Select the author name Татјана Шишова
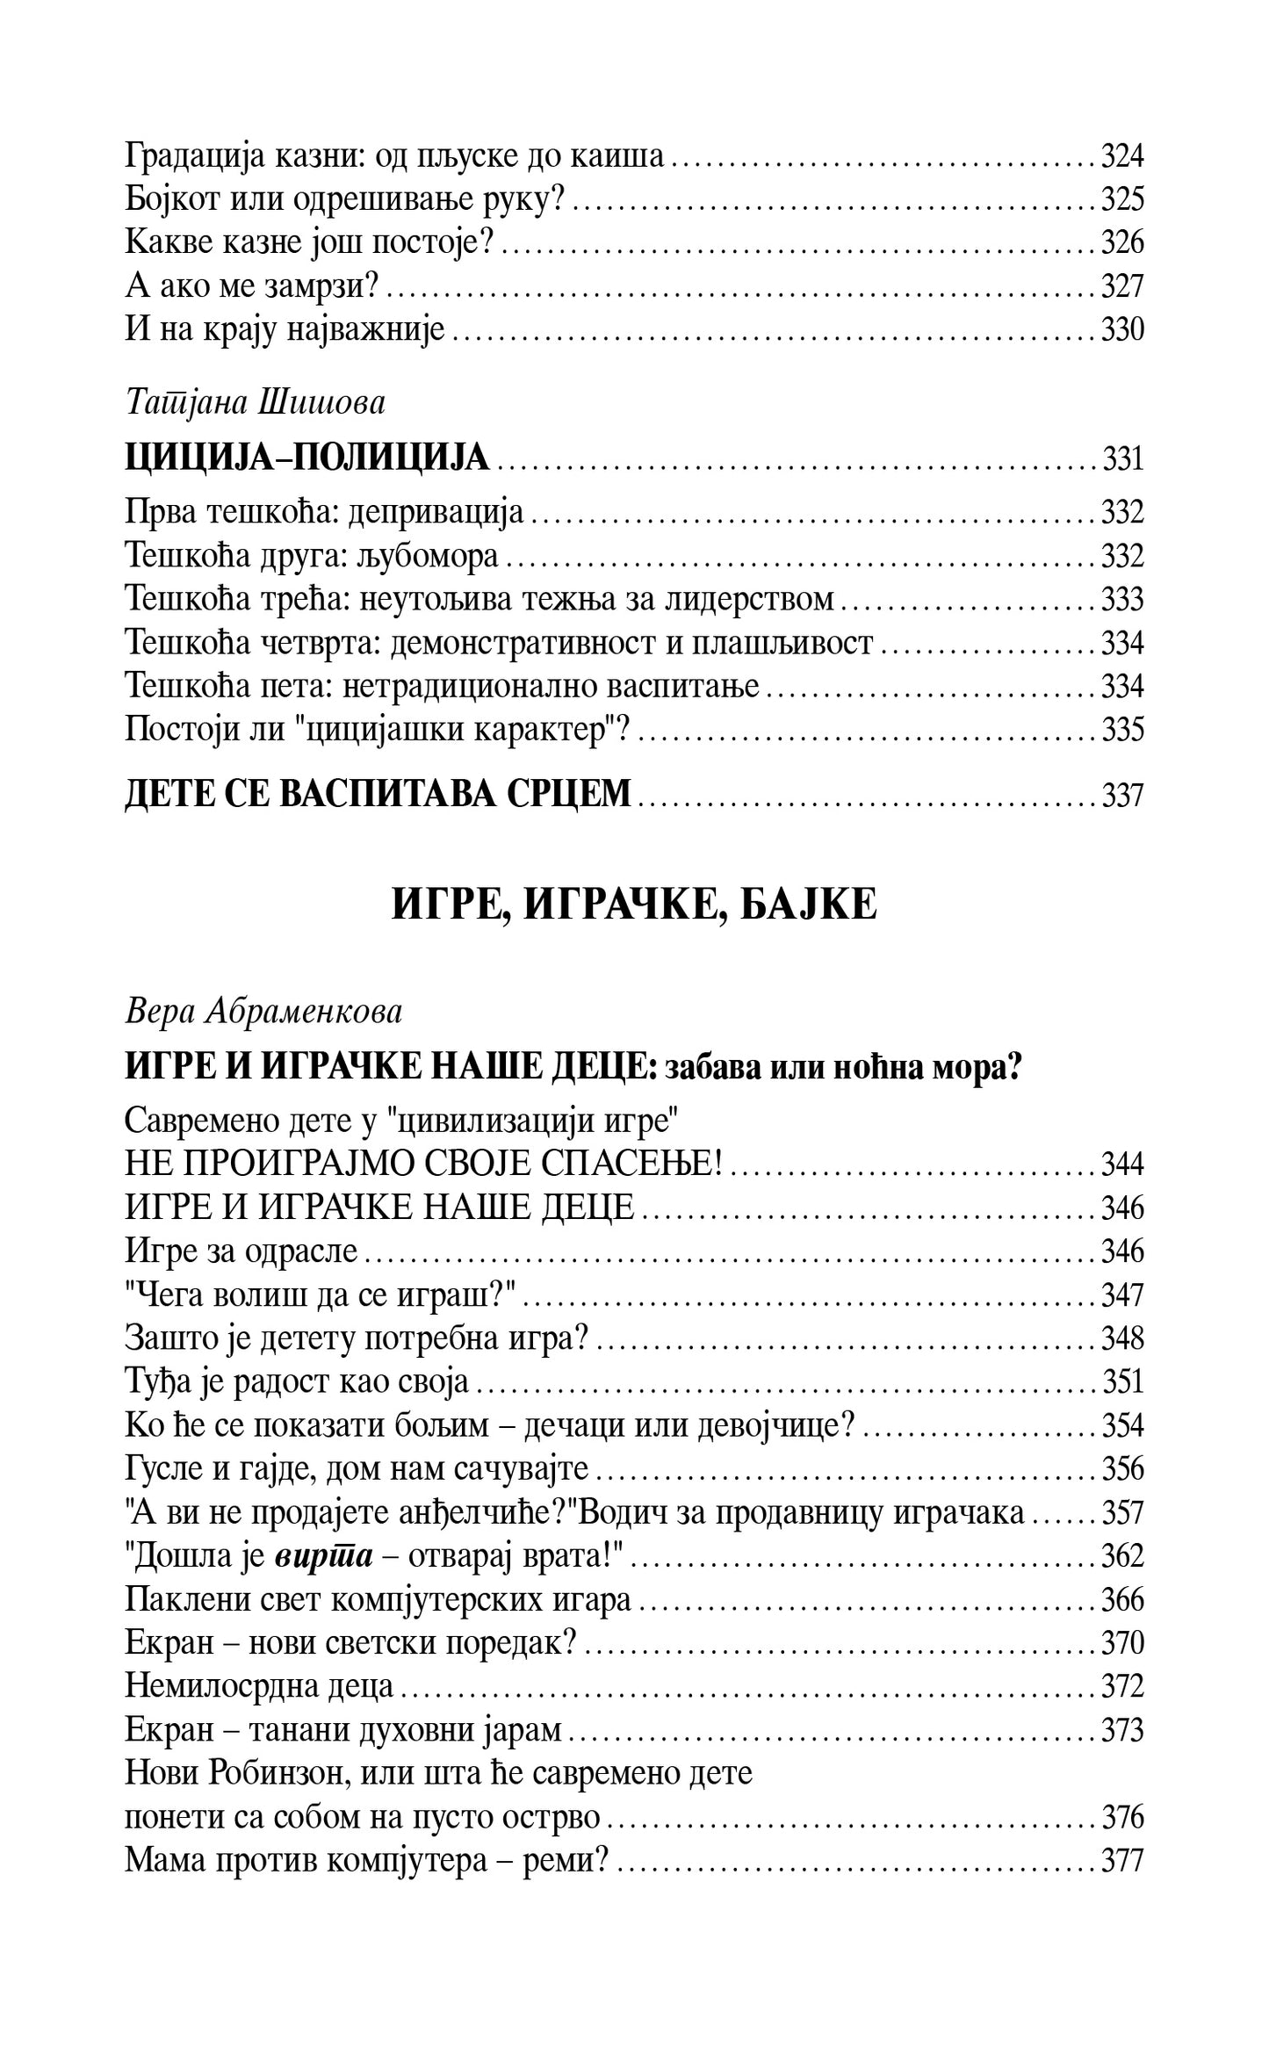(x=255, y=403)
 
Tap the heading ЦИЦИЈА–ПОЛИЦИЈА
(x=306, y=458)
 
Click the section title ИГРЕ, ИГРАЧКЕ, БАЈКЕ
(x=633, y=905)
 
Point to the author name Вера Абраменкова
(x=263, y=1013)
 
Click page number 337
(x=1121, y=795)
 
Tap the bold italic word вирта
(x=324, y=1556)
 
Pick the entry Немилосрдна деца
(x=259, y=1686)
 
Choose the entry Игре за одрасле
(x=242, y=1251)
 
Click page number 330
(x=1121, y=330)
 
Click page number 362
(x=1121, y=1556)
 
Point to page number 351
(x=1121, y=1382)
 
